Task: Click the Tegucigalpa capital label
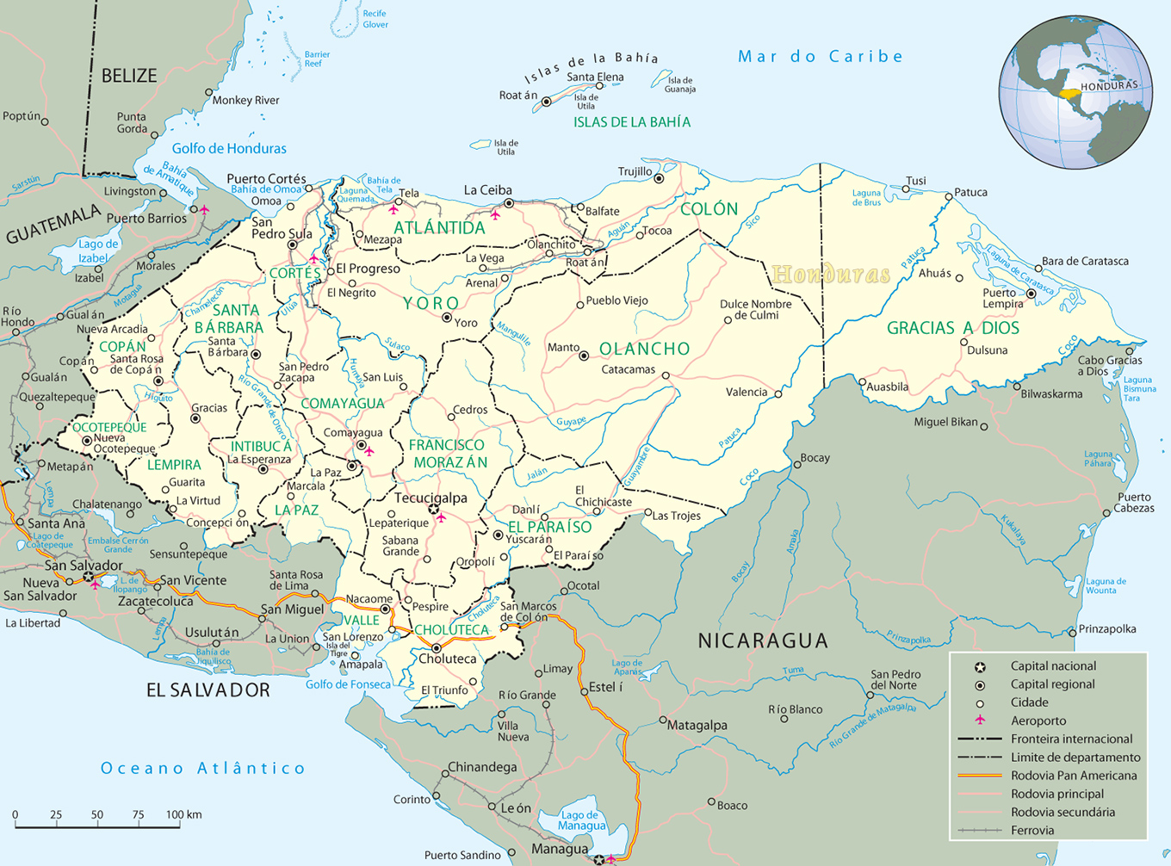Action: [431, 498]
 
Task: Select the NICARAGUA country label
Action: [762, 640]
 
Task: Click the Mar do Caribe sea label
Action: [820, 57]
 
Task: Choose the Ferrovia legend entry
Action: [1032, 830]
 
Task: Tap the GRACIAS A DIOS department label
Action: [952, 328]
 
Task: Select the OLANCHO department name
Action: [645, 349]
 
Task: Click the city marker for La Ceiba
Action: [509, 204]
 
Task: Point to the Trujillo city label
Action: [635, 171]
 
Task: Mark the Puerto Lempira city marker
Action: [1031, 294]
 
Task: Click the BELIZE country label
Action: [129, 76]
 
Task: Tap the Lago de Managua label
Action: [581, 820]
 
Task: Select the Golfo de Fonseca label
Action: [348, 684]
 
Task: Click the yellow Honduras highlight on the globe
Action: [1069, 93]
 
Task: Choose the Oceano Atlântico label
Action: [203, 768]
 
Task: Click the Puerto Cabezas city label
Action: [1134, 503]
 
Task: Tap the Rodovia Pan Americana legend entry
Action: [1074, 775]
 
